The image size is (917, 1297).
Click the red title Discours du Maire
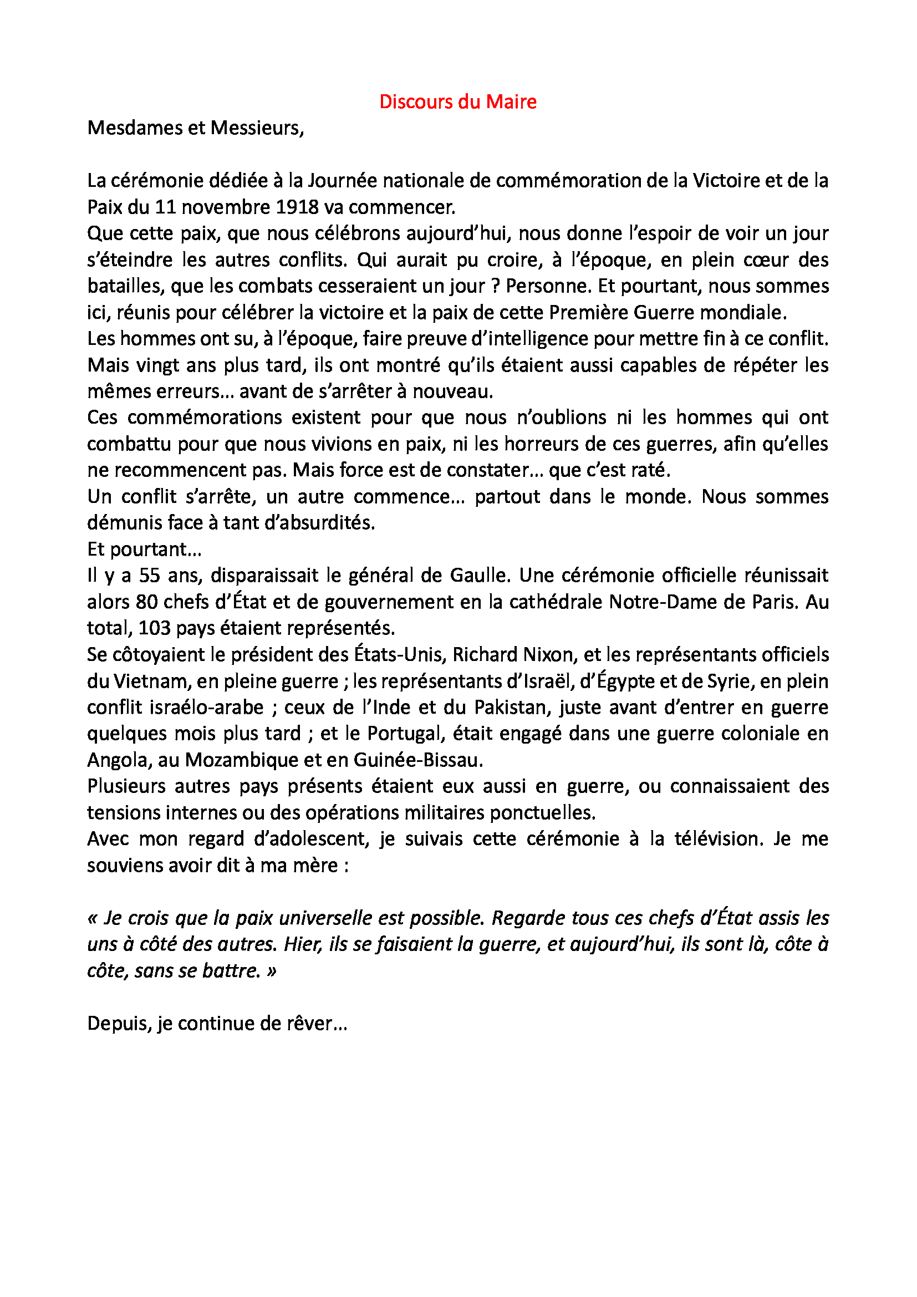pyautogui.click(x=457, y=101)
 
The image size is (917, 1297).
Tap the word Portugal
pyautogui.click(x=401, y=734)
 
